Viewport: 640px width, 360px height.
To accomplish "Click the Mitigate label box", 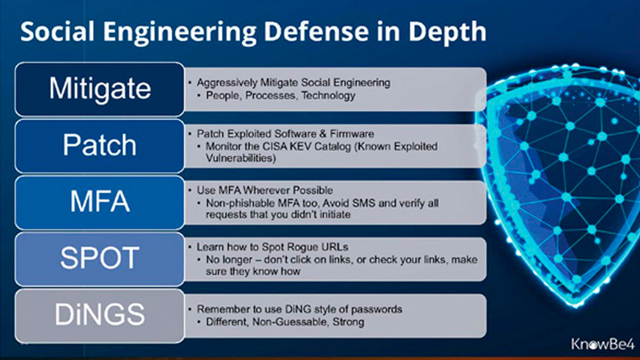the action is (x=100, y=89).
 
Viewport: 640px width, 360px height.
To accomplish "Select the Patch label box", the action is (x=100, y=146).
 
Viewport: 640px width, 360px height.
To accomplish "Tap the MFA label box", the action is (x=100, y=202).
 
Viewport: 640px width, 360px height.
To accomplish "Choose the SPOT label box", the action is (x=100, y=259).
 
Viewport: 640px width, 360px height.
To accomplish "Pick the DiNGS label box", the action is (x=100, y=316).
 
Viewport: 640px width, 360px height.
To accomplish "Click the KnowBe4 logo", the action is (x=602, y=344).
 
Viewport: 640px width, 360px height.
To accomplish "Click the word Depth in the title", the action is (x=448, y=32).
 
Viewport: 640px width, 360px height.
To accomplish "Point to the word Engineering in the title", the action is (x=180, y=32).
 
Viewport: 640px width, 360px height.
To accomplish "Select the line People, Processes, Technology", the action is (x=280, y=96).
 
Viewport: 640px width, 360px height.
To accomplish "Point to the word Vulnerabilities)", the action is (x=241, y=158).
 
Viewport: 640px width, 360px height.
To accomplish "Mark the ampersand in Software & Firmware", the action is (x=322, y=134).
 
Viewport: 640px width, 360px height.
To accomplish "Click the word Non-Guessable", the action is (x=290, y=322).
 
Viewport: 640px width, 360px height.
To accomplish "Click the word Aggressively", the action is (x=227, y=83).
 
